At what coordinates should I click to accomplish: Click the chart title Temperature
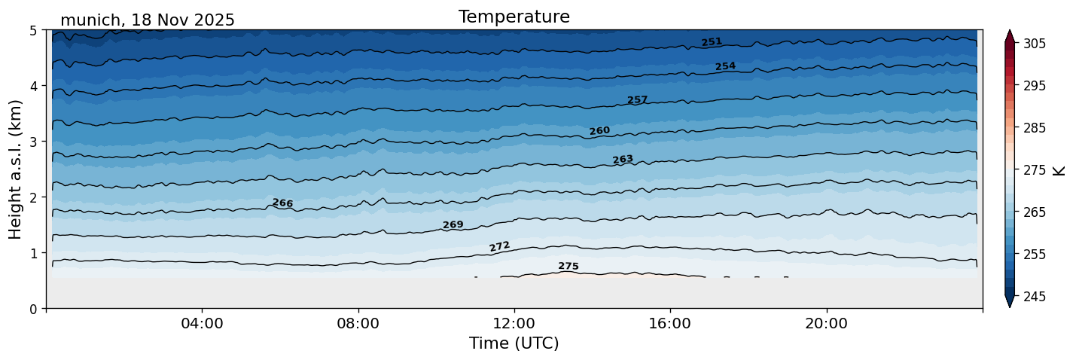(x=514, y=17)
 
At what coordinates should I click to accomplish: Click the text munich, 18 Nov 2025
(x=148, y=20)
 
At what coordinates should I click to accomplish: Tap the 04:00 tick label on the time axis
(x=203, y=324)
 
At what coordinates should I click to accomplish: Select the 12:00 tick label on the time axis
(x=514, y=324)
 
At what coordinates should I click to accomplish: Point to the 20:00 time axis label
(x=826, y=324)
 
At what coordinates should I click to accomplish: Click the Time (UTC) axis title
(x=514, y=343)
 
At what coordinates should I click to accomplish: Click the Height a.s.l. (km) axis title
(x=16, y=169)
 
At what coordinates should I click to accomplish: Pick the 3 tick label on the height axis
(x=34, y=142)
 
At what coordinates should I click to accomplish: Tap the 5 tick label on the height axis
(x=34, y=31)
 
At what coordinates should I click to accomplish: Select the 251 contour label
(x=712, y=42)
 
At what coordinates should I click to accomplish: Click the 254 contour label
(x=725, y=66)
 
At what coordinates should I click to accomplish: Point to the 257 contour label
(x=637, y=100)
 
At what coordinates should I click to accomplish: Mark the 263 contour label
(x=623, y=160)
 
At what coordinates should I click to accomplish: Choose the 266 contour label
(x=282, y=203)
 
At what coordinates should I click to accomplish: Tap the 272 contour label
(x=499, y=246)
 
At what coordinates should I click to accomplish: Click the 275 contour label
(x=568, y=267)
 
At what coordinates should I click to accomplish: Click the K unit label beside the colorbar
(x=1059, y=170)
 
